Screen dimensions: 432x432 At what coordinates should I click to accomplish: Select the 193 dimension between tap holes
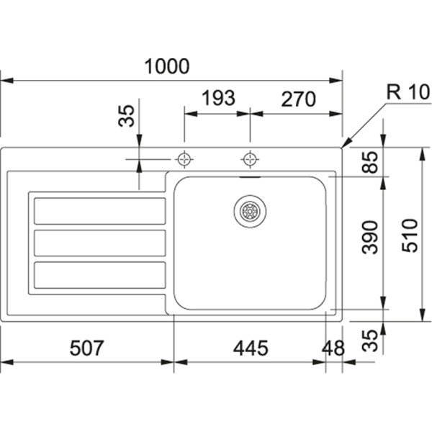pyautogui.click(x=217, y=99)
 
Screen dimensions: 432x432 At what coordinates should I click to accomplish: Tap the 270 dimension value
pyautogui.click(x=294, y=99)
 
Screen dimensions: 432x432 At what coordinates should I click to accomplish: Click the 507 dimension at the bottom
pyautogui.click(x=87, y=348)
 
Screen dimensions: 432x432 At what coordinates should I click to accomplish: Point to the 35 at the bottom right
pyautogui.click(x=370, y=341)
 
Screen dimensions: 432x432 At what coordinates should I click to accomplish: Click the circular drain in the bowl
pyautogui.click(x=250, y=210)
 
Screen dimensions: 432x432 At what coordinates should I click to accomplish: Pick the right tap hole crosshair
pyautogui.click(x=250, y=158)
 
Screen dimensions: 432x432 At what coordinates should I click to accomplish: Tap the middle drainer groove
pyautogui.click(x=99, y=243)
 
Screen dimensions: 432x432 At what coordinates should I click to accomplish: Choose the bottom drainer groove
pyautogui.click(x=99, y=274)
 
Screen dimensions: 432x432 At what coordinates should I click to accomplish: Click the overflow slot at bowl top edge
pyautogui.click(x=250, y=174)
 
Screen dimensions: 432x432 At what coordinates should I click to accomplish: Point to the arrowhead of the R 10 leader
pyautogui.click(x=344, y=145)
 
